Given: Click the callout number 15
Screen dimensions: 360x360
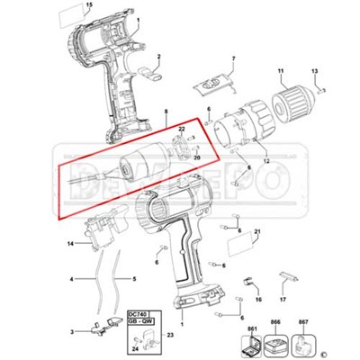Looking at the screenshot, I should point(88,6).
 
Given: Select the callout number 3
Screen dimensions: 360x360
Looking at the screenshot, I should point(72,333).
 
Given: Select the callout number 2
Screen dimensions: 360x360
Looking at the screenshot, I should point(158,56).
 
